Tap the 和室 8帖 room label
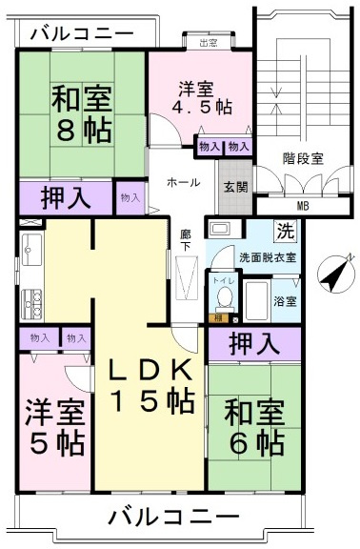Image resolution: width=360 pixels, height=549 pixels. click(x=82, y=114)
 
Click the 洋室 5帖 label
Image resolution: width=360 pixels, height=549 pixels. click(x=54, y=428)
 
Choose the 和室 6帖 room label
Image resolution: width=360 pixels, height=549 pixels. click(x=253, y=428)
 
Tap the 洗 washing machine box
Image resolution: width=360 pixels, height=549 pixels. click(x=285, y=230)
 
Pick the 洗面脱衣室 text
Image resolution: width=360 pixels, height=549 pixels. click(x=267, y=257)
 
